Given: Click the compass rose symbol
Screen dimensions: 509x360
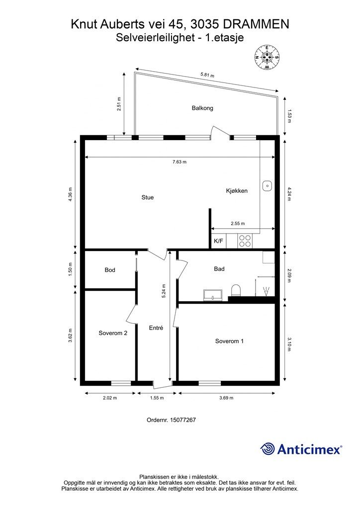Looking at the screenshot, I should (267, 57).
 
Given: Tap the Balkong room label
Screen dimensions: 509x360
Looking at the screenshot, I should (202, 108).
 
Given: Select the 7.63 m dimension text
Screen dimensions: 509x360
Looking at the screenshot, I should (179, 162).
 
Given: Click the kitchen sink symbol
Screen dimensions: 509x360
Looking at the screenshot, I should (267, 185).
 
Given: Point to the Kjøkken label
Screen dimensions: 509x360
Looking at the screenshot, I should (237, 191).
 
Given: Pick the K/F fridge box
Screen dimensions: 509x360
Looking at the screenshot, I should (218, 241).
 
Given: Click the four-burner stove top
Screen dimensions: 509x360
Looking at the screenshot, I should (245, 241).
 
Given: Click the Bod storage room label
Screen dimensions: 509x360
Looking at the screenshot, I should (110, 270).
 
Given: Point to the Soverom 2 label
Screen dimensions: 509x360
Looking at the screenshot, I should (113, 333).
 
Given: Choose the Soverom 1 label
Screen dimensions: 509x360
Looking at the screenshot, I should (229, 341).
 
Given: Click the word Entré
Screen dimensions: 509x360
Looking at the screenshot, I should (156, 328).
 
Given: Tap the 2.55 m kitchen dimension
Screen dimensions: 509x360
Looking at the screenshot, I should (238, 224).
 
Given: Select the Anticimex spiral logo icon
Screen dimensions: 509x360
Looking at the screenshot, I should (268, 449).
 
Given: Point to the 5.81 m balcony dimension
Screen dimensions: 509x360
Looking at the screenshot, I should (207, 76).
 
